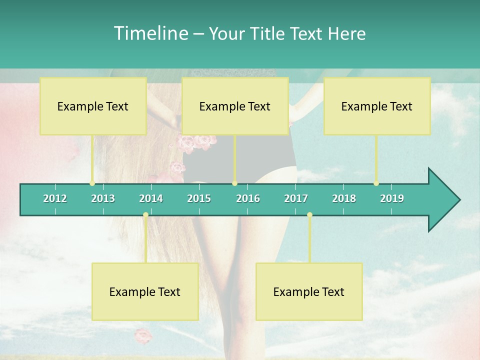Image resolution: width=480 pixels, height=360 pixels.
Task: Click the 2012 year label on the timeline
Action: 55,198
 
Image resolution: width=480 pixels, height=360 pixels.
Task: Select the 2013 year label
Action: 103,198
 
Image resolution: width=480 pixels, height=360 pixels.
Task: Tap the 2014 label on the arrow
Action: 151,198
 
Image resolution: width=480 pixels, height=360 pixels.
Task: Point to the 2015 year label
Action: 199,198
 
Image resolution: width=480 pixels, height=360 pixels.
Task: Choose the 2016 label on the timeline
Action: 248,198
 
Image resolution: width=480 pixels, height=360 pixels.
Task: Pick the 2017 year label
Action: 296,198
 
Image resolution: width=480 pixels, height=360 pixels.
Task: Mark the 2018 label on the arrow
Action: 344,198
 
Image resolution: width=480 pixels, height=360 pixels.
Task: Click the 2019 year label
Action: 392,198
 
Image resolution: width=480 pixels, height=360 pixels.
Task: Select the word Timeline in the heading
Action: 150,33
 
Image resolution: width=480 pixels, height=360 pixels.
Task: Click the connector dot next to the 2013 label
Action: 92,183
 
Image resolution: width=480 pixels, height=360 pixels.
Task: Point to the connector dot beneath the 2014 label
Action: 145,215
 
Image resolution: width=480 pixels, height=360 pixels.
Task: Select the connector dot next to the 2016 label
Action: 234,183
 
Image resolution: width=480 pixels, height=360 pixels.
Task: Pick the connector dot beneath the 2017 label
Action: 309,215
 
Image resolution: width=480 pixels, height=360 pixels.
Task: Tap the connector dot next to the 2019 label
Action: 376,183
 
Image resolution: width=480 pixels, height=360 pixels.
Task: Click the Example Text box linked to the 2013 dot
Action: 93,106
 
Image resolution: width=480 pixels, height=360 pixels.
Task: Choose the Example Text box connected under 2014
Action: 145,291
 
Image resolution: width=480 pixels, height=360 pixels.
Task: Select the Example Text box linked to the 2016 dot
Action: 235,106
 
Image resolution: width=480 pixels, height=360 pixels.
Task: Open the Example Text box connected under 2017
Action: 309,291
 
